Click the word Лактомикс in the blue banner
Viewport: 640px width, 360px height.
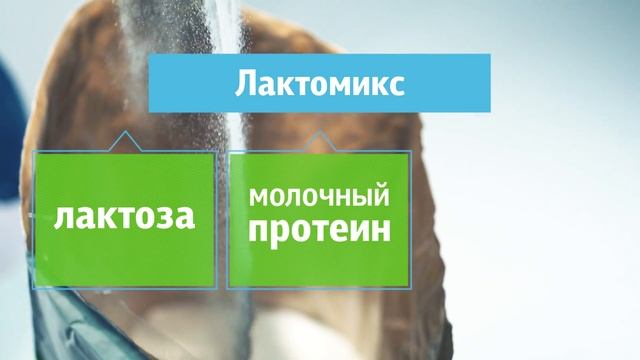[x=319, y=83]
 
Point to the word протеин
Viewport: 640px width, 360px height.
[x=318, y=233]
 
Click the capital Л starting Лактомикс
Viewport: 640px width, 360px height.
[x=246, y=83]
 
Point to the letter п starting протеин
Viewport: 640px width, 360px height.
[x=258, y=234]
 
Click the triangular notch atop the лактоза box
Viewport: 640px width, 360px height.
[x=123, y=146]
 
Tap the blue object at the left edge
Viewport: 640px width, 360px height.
[x=8, y=130]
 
